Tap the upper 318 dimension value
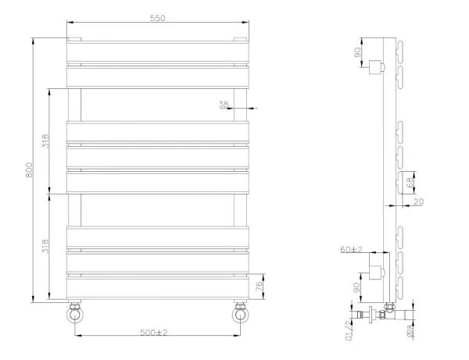click(x=46, y=141)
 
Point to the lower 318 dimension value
click(x=46, y=248)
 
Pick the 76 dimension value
click(x=262, y=285)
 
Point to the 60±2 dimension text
click(x=351, y=250)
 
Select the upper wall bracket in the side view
click(x=378, y=66)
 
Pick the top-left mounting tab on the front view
click(x=75, y=38)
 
